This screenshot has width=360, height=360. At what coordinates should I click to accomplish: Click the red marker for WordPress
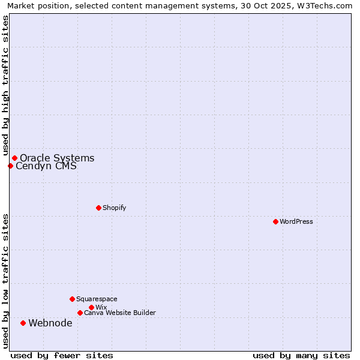click(275, 221)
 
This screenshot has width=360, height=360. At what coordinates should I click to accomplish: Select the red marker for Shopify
click(98, 208)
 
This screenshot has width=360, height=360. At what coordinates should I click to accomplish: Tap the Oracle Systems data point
click(14, 158)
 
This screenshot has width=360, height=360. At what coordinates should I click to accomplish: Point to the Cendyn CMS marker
click(10, 166)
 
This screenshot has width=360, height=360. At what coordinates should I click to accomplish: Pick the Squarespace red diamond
click(72, 299)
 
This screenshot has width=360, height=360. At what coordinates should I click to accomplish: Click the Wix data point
click(91, 307)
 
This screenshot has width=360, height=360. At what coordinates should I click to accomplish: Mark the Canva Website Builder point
click(80, 313)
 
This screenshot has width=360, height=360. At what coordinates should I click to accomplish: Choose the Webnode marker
click(23, 323)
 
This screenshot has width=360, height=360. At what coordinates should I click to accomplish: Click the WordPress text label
click(296, 221)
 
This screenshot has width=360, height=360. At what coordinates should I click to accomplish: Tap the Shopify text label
click(115, 208)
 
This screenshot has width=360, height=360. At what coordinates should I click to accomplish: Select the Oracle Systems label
click(57, 158)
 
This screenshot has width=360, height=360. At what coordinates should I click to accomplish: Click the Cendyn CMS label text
click(46, 166)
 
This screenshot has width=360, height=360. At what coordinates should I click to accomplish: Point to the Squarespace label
click(97, 299)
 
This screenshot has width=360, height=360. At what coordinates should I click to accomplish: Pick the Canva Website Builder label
click(120, 313)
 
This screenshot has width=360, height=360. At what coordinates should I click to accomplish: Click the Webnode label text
click(50, 323)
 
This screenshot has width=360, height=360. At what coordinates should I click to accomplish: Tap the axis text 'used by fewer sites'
click(62, 355)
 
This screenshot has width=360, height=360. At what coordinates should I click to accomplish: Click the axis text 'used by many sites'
click(301, 355)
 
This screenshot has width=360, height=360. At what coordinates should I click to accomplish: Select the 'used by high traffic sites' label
click(5, 85)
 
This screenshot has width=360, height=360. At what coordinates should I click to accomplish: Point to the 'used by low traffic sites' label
click(5, 281)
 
